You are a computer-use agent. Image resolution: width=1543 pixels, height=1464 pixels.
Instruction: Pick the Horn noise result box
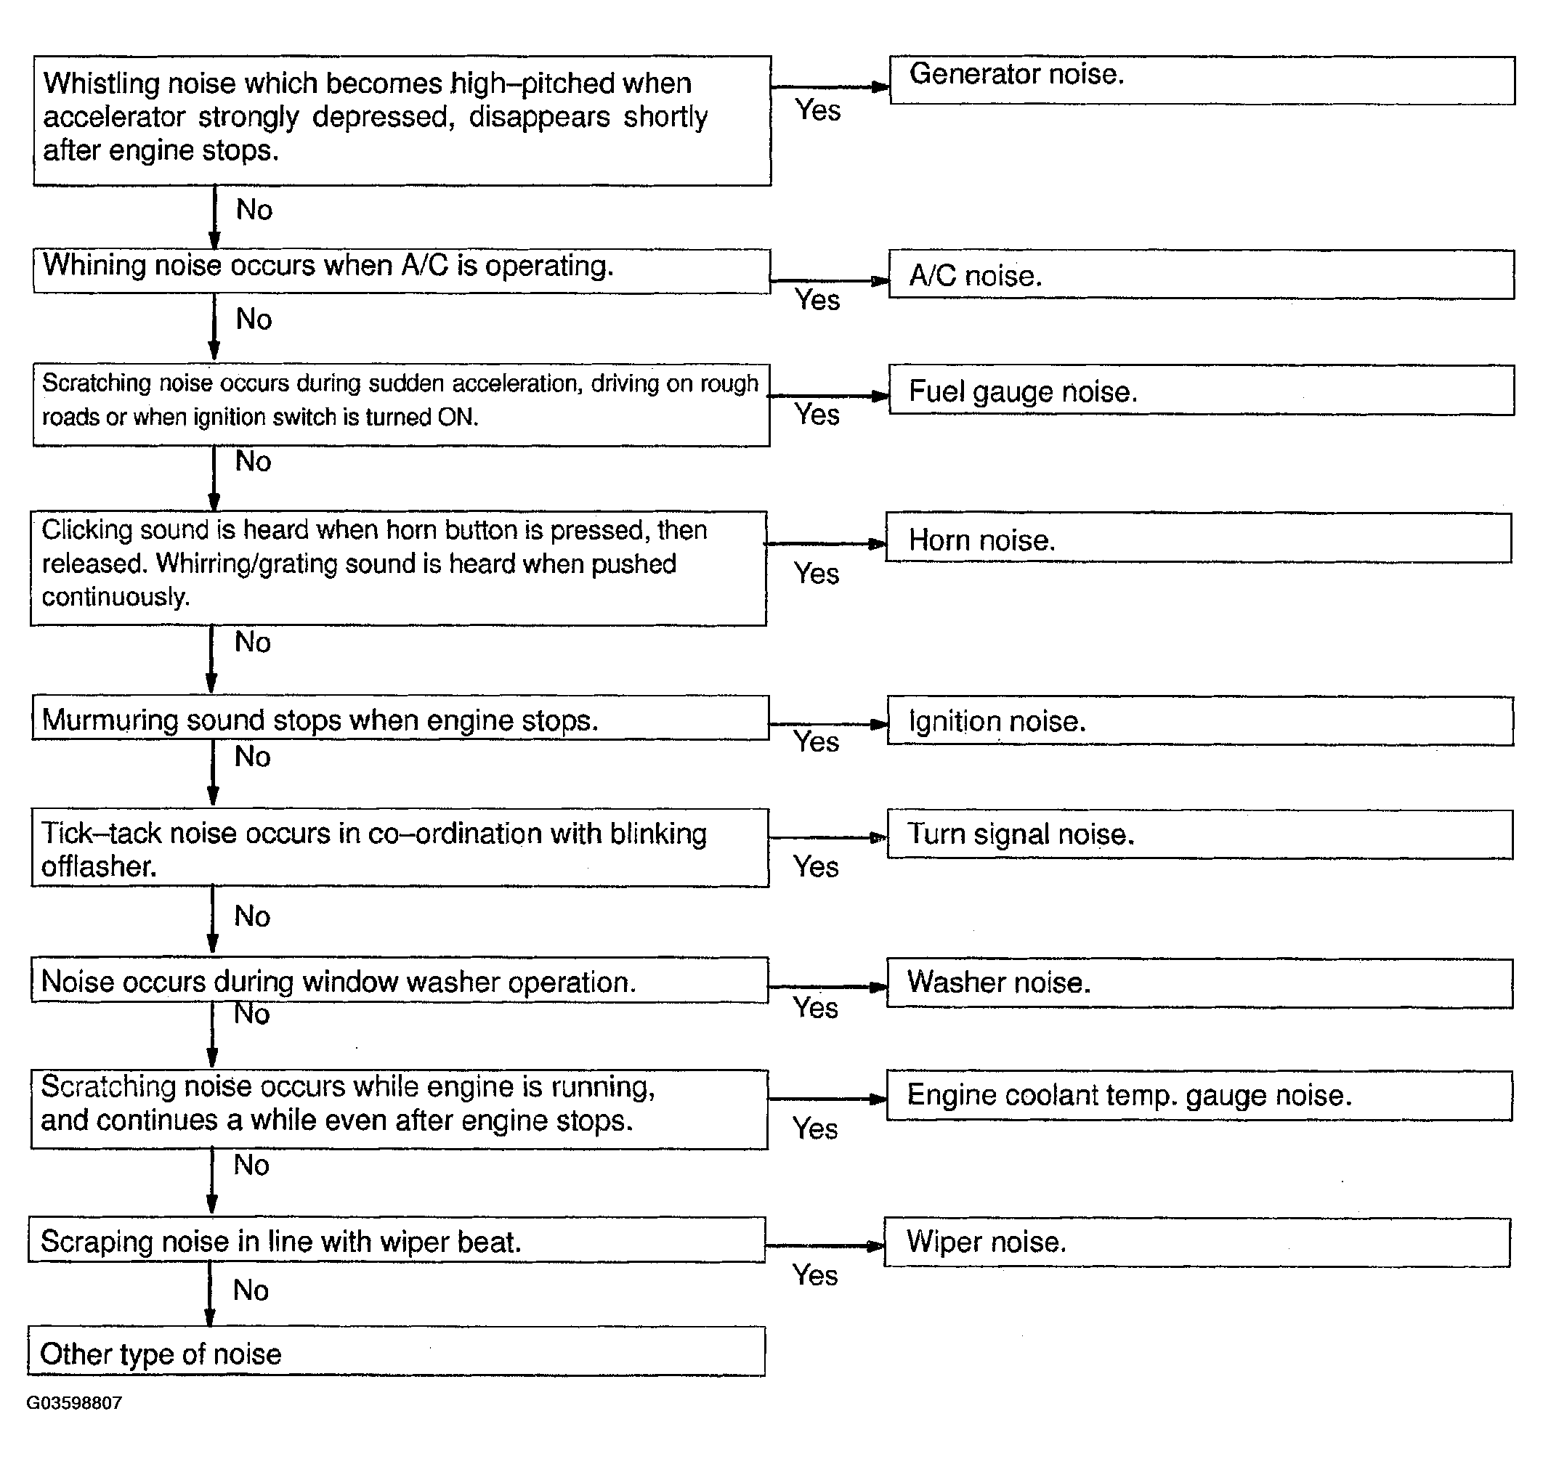click(1197, 538)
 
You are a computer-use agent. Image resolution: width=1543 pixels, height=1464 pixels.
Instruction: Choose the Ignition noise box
click(1199, 721)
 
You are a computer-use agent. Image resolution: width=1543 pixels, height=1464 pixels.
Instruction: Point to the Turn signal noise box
click(1199, 834)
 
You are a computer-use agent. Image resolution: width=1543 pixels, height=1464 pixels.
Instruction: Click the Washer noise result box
click(1199, 983)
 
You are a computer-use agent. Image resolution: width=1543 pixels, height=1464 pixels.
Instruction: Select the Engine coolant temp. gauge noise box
click(1199, 1096)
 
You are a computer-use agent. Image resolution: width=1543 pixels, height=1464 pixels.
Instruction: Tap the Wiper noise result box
click(1196, 1243)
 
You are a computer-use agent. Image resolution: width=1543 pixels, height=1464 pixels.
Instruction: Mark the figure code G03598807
click(74, 1403)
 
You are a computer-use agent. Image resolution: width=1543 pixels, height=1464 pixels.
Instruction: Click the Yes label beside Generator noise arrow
click(817, 111)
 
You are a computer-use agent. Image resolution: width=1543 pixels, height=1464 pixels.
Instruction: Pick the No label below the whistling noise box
click(254, 210)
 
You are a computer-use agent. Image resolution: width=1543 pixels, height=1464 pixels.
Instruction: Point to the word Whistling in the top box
click(102, 84)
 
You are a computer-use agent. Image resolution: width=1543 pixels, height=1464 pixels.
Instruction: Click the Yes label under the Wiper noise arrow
click(815, 1275)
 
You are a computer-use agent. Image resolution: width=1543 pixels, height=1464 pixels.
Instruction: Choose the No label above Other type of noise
click(251, 1290)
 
